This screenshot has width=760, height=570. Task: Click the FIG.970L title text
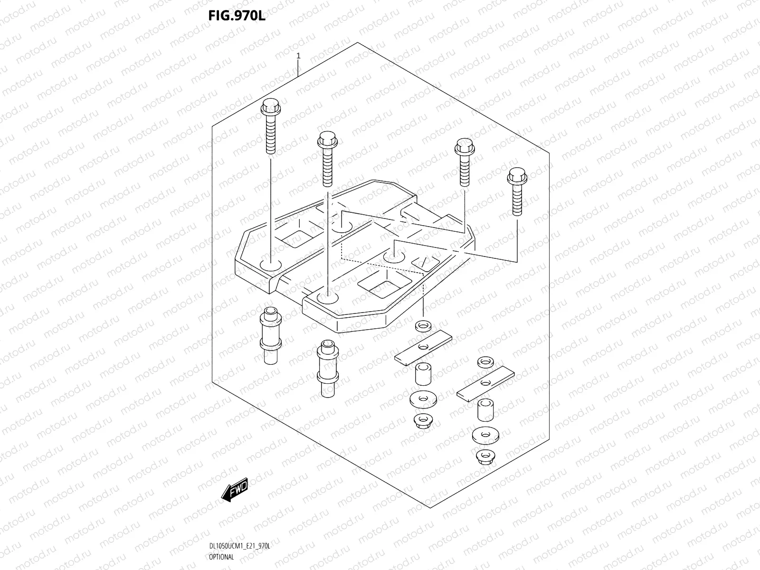[x=236, y=16]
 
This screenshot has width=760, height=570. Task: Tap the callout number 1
[x=298, y=56]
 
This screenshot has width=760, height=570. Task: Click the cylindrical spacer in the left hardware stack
[x=422, y=374]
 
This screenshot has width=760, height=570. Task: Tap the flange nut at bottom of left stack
[x=422, y=420]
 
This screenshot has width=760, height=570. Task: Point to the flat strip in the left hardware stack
[x=423, y=348]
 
